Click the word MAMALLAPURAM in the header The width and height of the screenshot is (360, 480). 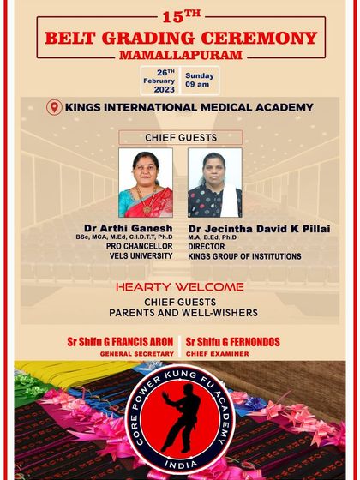(x=180, y=53)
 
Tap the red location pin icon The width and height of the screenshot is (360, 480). (x=55, y=108)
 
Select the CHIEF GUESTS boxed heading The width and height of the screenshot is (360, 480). (x=180, y=137)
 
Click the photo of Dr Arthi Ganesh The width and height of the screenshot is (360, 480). (x=145, y=183)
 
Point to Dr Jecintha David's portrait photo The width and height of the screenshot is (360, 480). (x=214, y=183)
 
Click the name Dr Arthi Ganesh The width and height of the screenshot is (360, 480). (x=129, y=228)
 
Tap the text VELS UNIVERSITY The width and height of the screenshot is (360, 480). (x=135, y=256)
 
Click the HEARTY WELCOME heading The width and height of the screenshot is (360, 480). (x=179, y=287)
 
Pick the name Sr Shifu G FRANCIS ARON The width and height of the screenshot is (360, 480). (x=120, y=342)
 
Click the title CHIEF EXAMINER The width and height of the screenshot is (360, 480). (x=218, y=353)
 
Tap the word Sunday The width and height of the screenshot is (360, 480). (x=200, y=75)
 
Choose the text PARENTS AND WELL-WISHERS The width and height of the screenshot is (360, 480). (x=179, y=313)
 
